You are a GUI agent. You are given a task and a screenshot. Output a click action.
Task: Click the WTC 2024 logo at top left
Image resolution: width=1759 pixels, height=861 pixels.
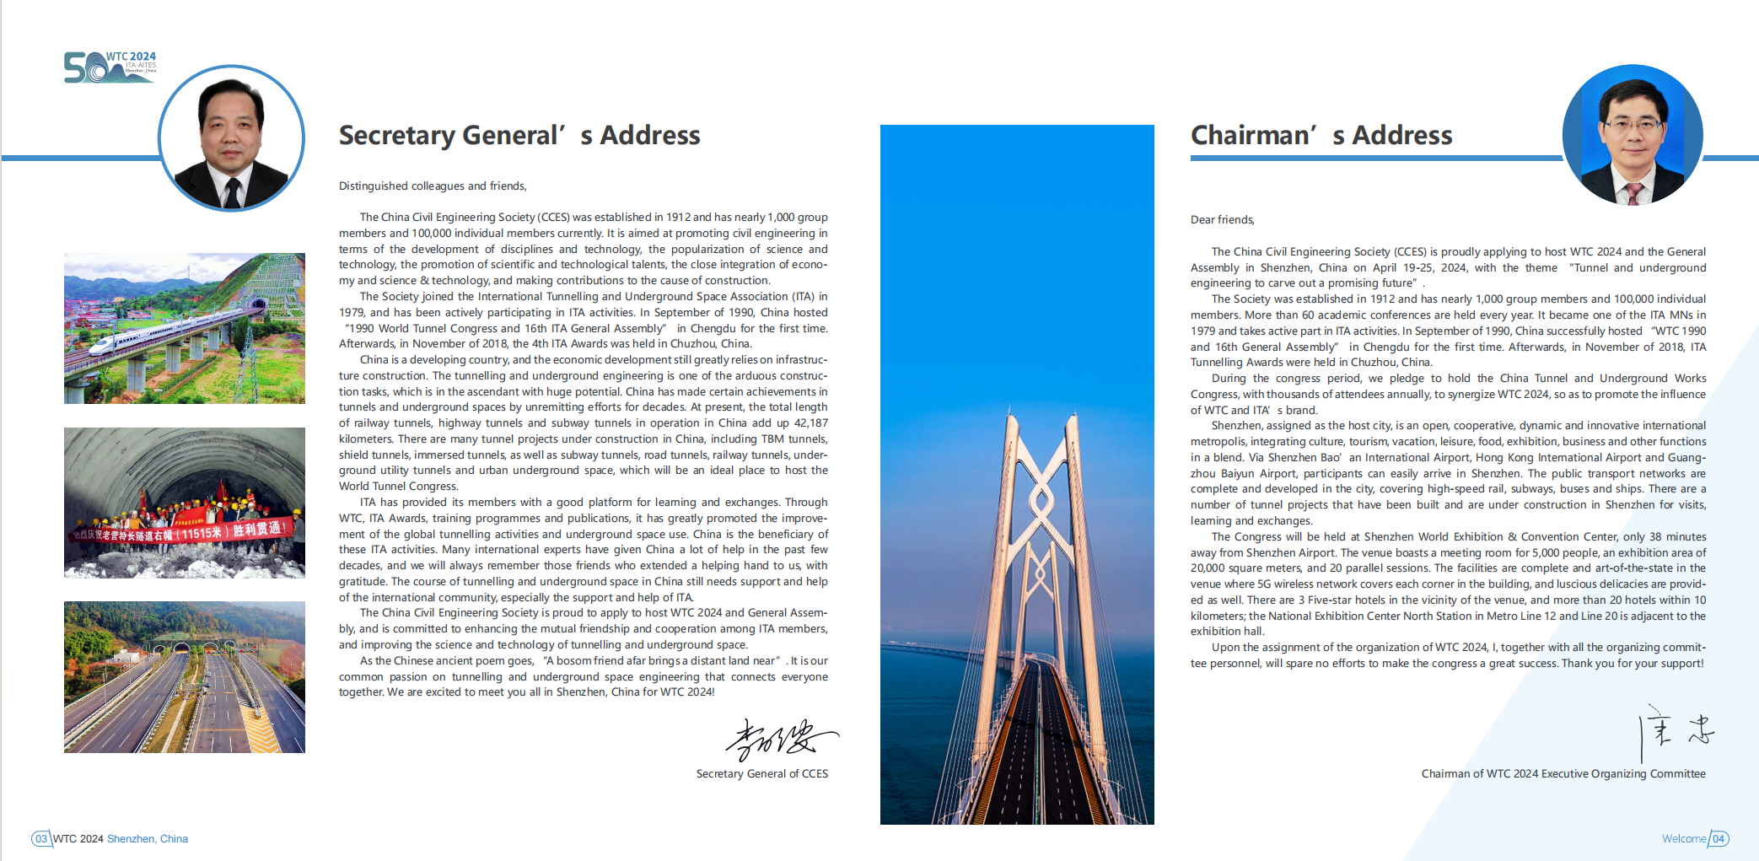tap(110, 67)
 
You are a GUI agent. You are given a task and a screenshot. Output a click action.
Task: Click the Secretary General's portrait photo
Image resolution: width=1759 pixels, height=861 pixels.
tap(231, 137)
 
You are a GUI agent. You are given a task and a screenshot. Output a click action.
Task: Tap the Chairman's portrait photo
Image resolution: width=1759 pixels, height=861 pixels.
tap(1633, 135)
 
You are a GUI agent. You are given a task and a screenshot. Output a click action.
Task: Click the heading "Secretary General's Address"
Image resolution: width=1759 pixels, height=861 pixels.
tap(519, 135)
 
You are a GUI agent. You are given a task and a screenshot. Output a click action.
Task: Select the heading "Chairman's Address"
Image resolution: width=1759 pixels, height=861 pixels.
tap(1321, 135)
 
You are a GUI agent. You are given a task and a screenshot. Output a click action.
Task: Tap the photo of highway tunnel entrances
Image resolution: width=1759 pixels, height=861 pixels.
tap(184, 676)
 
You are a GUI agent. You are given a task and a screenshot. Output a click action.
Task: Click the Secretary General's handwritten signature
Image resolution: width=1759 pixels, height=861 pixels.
tap(780, 740)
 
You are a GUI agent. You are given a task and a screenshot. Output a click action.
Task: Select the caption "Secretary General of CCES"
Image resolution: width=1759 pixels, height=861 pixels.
tap(761, 774)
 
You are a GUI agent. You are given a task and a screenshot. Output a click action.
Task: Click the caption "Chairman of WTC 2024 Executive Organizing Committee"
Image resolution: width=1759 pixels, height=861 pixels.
tap(1563, 774)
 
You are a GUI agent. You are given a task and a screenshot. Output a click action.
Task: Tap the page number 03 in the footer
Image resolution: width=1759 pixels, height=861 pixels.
tap(41, 839)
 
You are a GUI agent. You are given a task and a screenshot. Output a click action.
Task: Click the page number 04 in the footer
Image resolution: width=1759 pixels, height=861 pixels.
tap(1718, 839)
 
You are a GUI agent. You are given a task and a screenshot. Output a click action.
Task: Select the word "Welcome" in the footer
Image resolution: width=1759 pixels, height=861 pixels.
tap(1683, 839)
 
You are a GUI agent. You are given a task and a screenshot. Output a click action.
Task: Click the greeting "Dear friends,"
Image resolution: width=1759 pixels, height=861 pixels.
tap(1222, 220)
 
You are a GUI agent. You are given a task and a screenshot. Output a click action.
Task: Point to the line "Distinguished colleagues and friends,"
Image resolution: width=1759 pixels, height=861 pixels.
tap(433, 186)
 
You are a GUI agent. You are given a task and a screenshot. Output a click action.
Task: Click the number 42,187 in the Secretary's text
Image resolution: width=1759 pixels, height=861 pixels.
tap(810, 423)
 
